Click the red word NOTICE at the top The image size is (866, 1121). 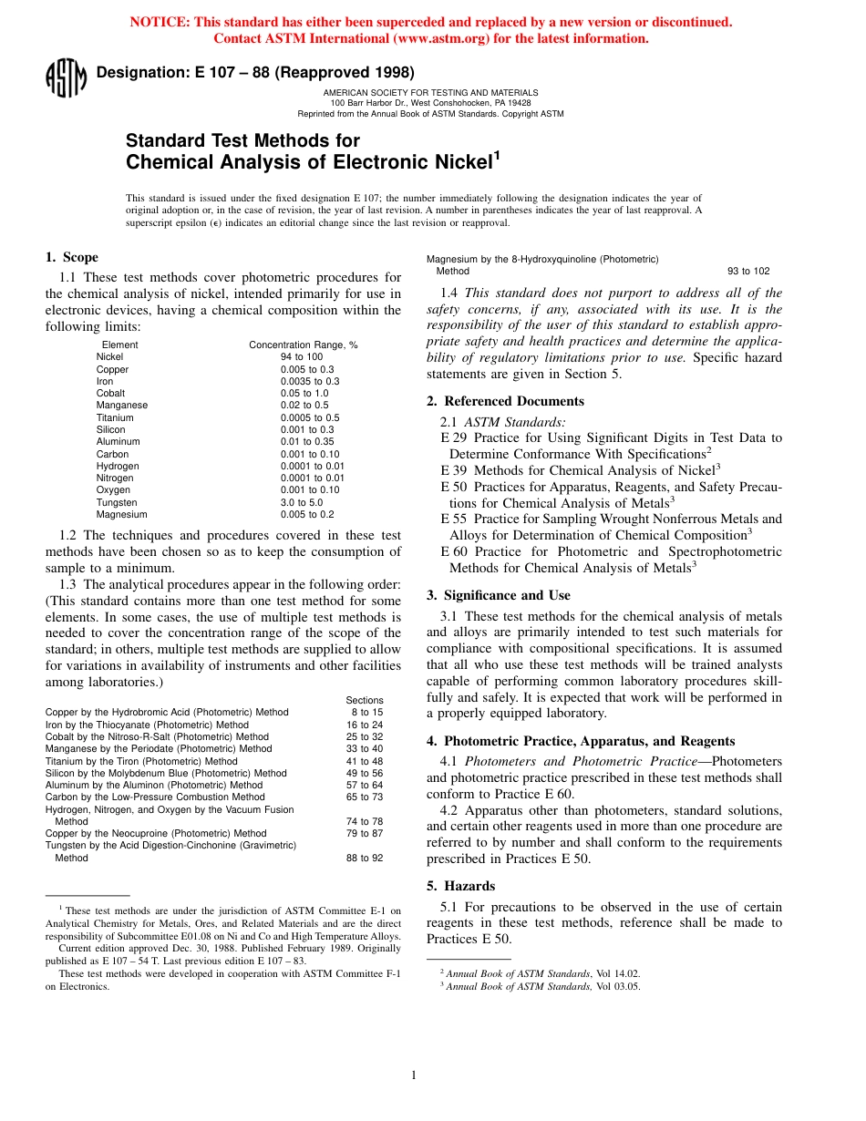click(164, 22)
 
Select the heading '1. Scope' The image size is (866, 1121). click(72, 257)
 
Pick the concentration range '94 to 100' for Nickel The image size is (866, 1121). click(302, 357)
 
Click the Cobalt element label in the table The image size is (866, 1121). click(111, 394)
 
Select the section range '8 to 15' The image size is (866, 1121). click(366, 713)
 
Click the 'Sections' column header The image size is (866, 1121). click(365, 700)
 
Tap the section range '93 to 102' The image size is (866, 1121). click(748, 272)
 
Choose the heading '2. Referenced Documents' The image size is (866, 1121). click(505, 401)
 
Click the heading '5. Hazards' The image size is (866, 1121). click(460, 886)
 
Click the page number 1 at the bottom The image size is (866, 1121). click(414, 1075)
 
